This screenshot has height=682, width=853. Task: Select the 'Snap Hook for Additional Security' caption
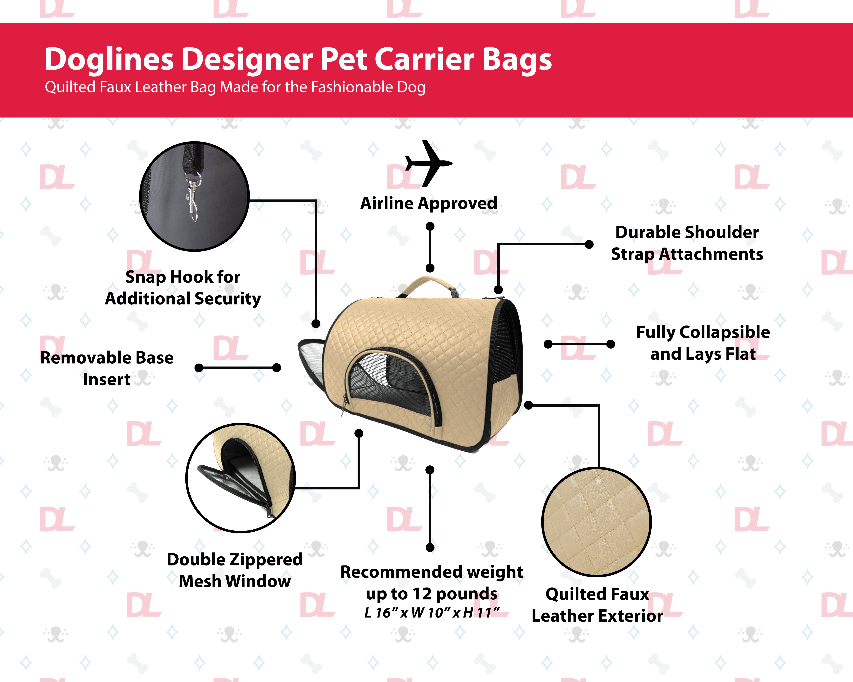pyautogui.click(x=183, y=287)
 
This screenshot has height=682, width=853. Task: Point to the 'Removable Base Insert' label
pyautogui.click(x=107, y=368)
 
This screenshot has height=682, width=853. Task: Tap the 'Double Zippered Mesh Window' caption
pyautogui.click(x=235, y=570)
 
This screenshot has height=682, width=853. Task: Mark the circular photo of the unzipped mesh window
pyautogui.click(x=240, y=478)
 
